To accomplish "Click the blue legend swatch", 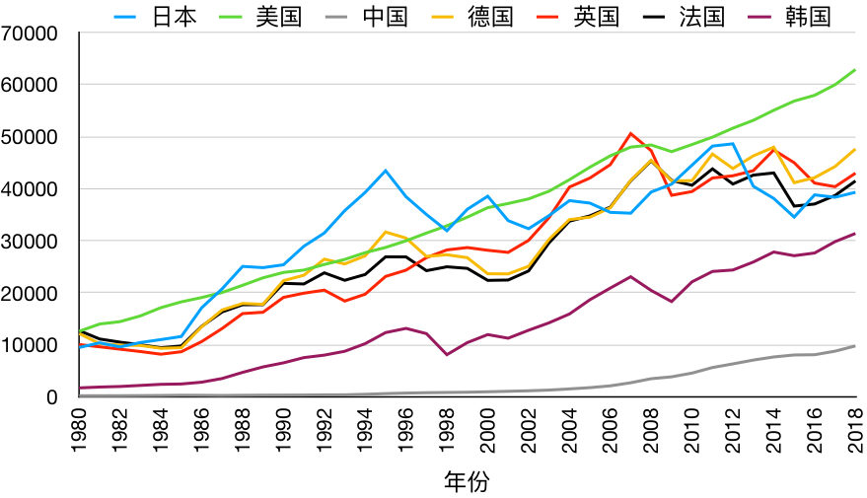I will point(124,17).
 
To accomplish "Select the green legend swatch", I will point(230,17).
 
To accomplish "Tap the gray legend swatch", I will point(335,17).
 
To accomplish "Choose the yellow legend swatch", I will point(442,17).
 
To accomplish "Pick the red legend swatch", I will point(547,17).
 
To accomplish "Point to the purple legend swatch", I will point(759,17).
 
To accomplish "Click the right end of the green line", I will point(855,70).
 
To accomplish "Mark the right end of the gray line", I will point(855,346).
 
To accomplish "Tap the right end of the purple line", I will point(855,234).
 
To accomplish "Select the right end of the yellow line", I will point(855,150).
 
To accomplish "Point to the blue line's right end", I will point(855,192).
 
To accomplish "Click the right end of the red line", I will point(855,174).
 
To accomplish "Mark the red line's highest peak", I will point(630,133).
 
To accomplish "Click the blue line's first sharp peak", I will point(386,170).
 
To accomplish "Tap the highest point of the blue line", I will point(732,143).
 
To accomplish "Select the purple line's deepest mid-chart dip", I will point(446,354).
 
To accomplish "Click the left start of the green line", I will point(80,330).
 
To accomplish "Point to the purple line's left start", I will point(80,388).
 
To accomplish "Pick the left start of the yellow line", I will point(80,334).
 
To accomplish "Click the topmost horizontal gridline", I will point(468,33).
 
